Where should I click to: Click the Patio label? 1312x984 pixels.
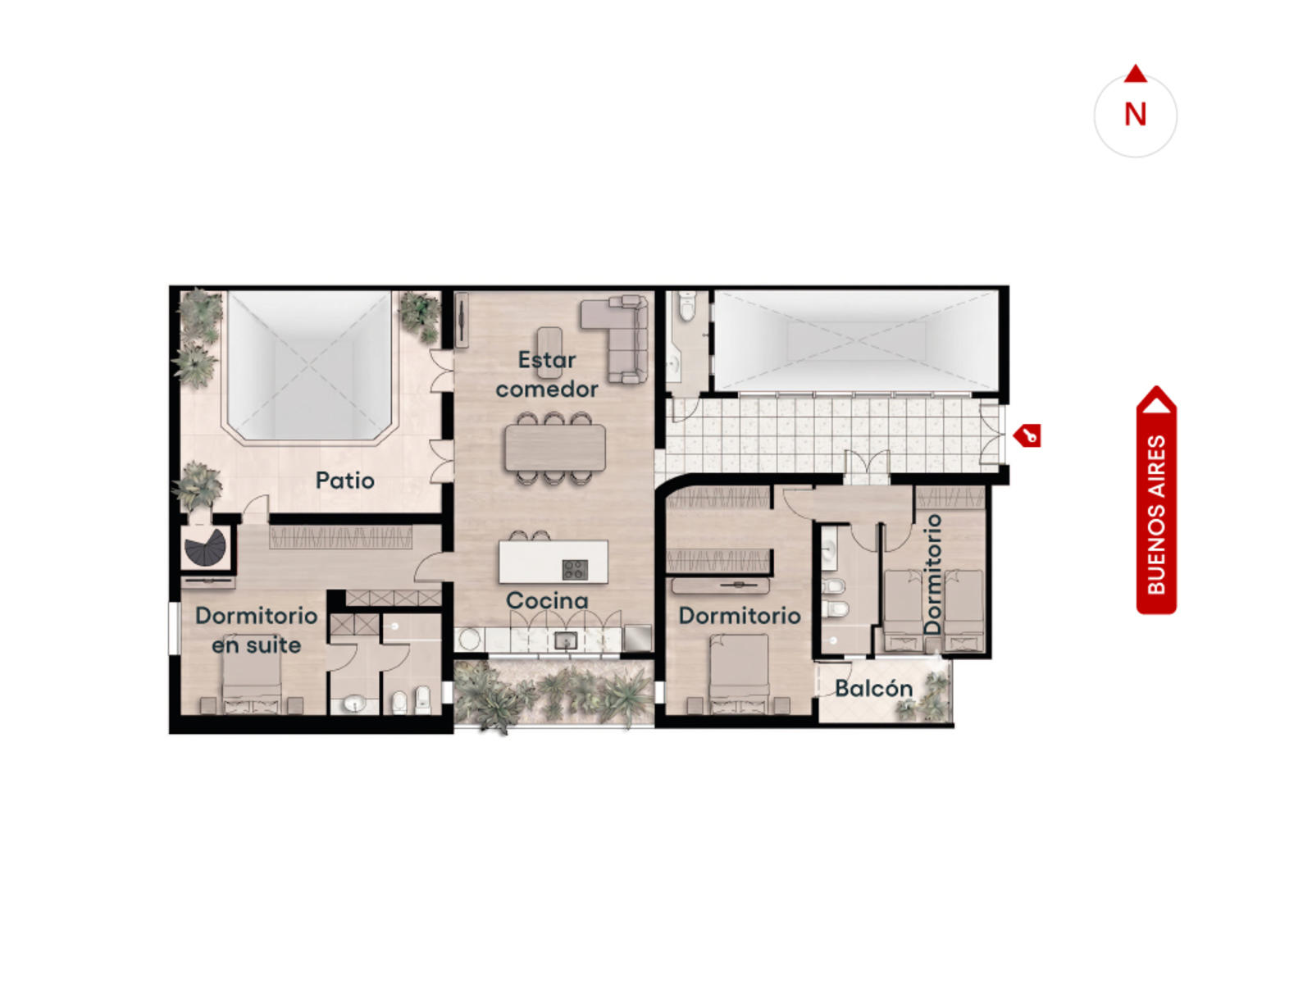coord(344,481)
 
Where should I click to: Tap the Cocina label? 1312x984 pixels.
coord(547,600)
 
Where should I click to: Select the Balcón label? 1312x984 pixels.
coord(873,688)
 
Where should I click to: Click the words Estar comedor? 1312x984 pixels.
coord(546,375)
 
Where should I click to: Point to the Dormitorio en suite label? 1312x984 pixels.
coord(256,631)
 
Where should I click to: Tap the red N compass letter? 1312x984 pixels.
coord(1135,114)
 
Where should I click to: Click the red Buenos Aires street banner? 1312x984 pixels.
coord(1155,499)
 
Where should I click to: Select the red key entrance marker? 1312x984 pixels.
coord(1027,435)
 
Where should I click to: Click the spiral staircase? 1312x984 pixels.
coord(205,547)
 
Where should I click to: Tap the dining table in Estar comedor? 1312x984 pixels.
coord(554,447)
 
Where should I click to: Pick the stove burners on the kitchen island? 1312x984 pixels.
coord(575,570)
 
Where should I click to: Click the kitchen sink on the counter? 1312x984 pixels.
coord(564,641)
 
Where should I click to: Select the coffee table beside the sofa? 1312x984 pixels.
coord(549,353)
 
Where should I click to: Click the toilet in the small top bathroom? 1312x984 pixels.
coord(687,307)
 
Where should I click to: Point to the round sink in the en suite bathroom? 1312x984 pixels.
coord(354,704)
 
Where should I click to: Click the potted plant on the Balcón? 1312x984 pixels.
coord(925,696)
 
